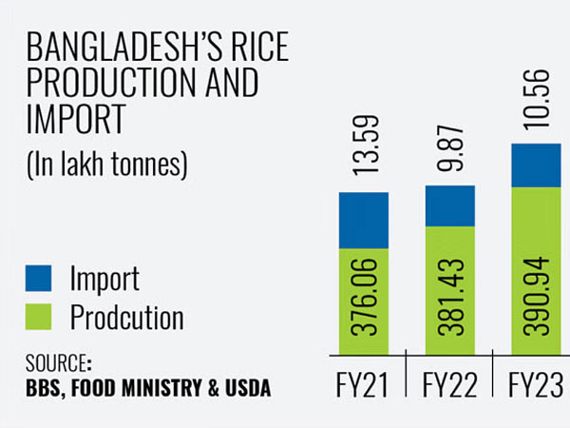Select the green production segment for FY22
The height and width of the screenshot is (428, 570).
click(x=449, y=290)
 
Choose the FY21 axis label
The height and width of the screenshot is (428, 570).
click(x=364, y=387)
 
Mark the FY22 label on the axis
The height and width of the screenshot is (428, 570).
click(x=449, y=387)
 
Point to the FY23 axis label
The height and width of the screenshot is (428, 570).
click(x=535, y=387)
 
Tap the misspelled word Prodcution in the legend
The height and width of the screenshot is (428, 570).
click(x=126, y=317)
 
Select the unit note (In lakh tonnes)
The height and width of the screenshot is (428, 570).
click(x=105, y=165)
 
